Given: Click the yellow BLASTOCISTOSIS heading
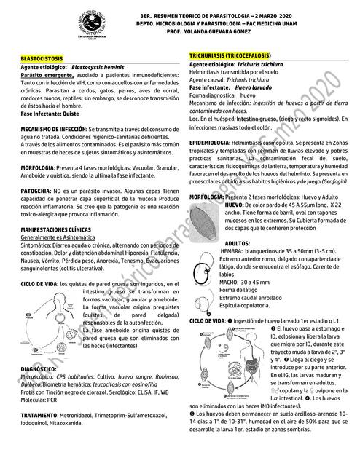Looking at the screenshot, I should pyautogui.click(x=42, y=58).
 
